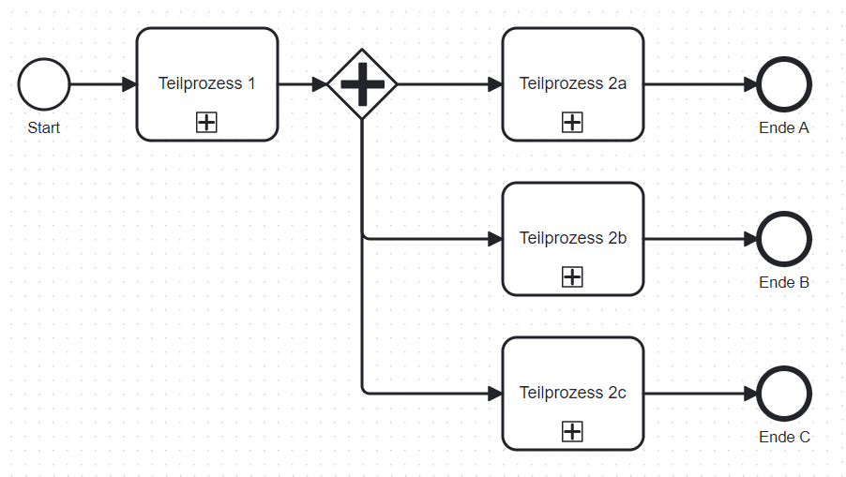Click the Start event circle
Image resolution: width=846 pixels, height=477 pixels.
[x=43, y=84]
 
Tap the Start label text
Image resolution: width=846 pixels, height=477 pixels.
[x=43, y=127]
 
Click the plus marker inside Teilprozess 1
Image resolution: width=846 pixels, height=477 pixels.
[x=206, y=122]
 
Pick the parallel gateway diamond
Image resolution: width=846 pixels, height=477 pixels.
[x=362, y=84]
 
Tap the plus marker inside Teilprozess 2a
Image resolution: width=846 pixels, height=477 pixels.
[x=572, y=122]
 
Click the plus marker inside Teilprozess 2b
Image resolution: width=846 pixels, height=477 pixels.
[x=572, y=276]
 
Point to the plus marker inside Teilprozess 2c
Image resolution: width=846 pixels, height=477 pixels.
[x=572, y=431]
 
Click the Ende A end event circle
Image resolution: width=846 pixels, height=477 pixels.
[x=784, y=84]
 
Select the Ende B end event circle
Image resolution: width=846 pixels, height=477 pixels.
[x=784, y=239]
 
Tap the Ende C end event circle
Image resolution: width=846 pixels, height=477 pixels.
[x=784, y=394]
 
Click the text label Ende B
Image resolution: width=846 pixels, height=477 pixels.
[x=784, y=282]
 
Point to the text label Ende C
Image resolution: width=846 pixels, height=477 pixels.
[x=784, y=437]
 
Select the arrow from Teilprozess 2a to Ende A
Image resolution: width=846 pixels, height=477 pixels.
[x=699, y=84]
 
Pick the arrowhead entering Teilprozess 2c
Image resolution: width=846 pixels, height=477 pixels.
[x=494, y=394]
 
